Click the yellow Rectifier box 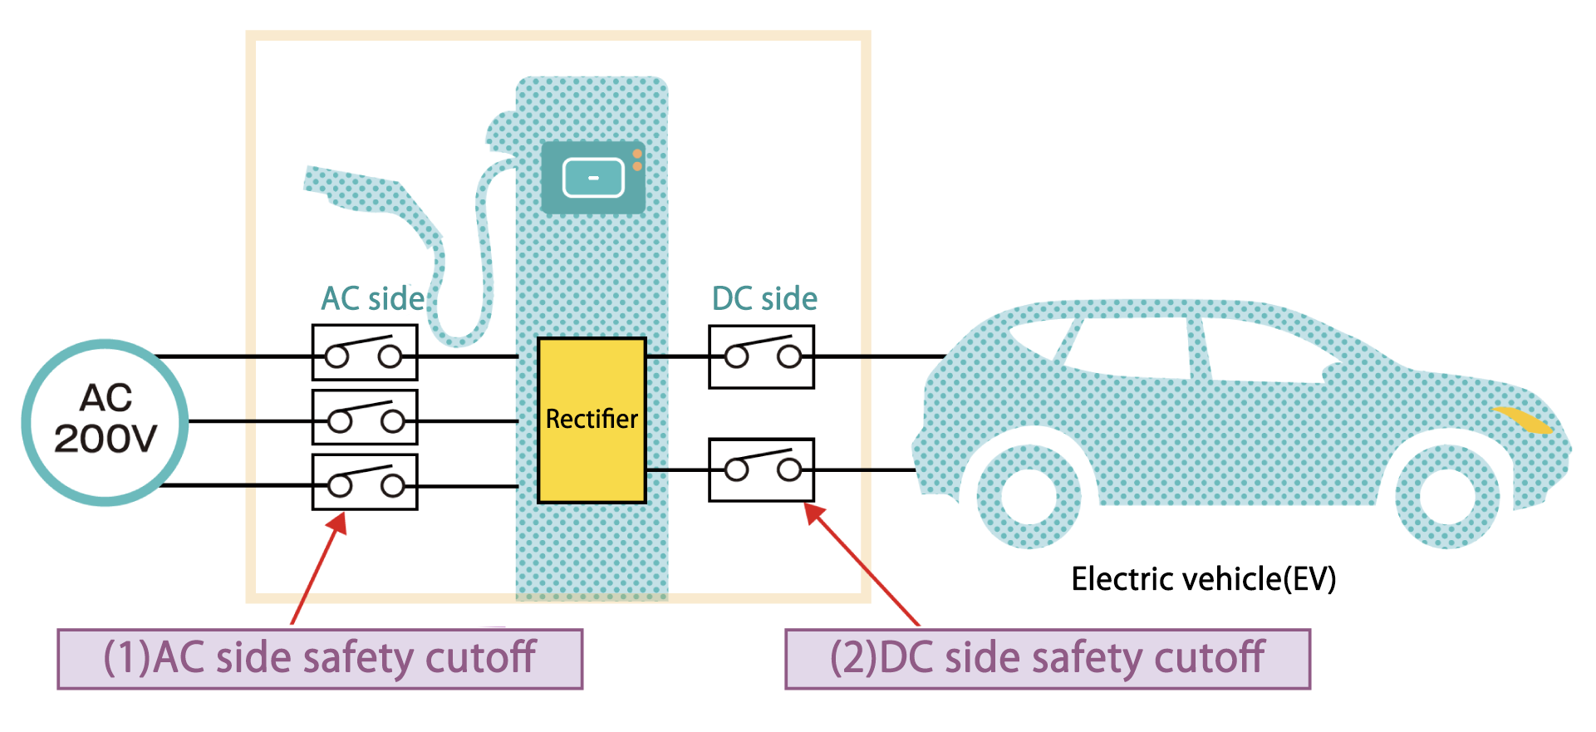click(592, 420)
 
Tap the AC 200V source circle click(106, 422)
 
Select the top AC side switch click(365, 352)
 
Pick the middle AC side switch click(365, 417)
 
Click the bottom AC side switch click(365, 482)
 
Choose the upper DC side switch click(761, 356)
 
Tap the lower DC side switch click(761, 470)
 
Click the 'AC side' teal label click(373, 299)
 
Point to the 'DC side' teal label click(764, 299)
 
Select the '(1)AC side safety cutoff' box click(320, 659)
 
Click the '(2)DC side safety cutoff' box click(1048, 659)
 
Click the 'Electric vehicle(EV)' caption click(1203, 579)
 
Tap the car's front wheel click(1446, 497)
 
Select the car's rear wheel click(1029, 497)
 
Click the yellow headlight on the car click(1522, 420)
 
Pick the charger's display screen click(593, 177)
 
